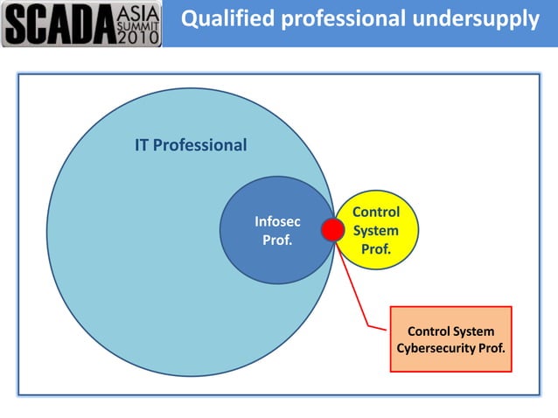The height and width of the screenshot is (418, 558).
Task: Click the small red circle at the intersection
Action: [x=332, y=230]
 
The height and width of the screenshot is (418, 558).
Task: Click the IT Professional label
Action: [x=191, y=145]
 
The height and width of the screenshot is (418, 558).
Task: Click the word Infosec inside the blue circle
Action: [x=277, y=222]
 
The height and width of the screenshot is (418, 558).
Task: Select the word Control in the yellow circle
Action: [x=376, y=212]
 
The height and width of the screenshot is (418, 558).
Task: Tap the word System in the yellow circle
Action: [x=376, y=231]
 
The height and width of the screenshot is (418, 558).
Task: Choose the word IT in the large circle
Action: [x=143, y=145]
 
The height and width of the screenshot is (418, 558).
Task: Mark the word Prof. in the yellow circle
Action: [x=376, y=250]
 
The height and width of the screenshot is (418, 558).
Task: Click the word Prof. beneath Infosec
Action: [x=277, y=240]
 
